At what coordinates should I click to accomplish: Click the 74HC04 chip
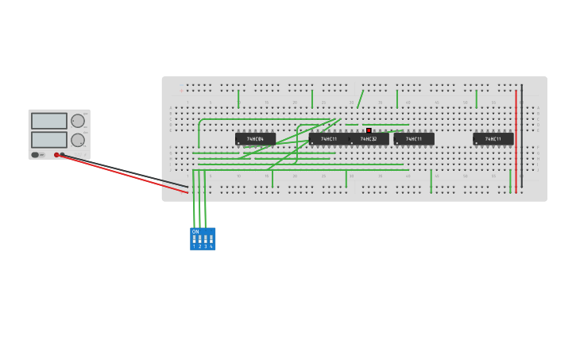coord(255,139)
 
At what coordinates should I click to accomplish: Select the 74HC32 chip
coord(369,139)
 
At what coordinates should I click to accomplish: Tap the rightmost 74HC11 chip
coord(493,139)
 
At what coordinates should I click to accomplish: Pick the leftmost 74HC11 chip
coord(328,139)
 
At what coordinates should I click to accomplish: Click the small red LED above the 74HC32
coord(369,130)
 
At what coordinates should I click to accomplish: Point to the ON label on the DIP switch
coord(195,232)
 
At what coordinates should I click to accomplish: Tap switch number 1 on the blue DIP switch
coord(194,239)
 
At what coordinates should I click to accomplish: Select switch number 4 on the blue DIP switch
coord(211,239)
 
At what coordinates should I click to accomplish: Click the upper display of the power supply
coord(49,121)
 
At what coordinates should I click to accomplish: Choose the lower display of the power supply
coord(49,139)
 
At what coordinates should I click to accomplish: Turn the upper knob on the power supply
coord(78,121)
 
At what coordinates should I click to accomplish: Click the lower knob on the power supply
coord(78,140)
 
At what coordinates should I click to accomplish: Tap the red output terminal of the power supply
coord(56,155)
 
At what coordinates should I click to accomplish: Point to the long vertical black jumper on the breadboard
coord(522,135)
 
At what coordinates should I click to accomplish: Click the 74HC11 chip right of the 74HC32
coord(414,139)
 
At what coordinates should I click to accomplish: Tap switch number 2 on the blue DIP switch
coord(199,239)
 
